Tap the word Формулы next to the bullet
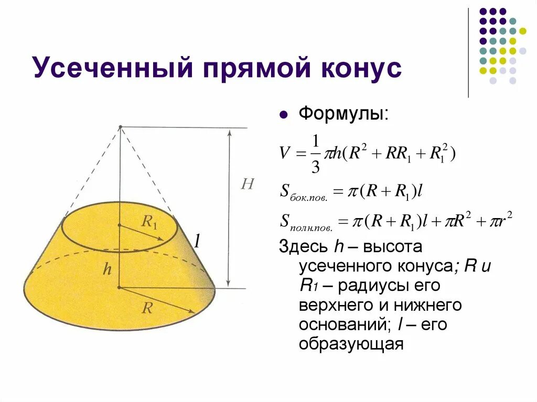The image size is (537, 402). [343, 114]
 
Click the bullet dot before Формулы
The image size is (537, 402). [284, 114]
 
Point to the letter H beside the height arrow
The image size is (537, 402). [247, 184]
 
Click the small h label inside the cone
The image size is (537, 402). [107, 269]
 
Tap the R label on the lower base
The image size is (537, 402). [147, 307]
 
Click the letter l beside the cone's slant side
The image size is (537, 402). [197, 241]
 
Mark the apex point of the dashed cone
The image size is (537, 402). [120, 127]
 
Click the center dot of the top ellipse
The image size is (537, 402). [120, 225]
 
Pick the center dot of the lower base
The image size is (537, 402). [120, 287]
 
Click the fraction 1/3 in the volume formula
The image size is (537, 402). [316, 154]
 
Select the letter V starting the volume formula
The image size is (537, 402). [284, 154]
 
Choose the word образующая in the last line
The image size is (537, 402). [351, 344]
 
